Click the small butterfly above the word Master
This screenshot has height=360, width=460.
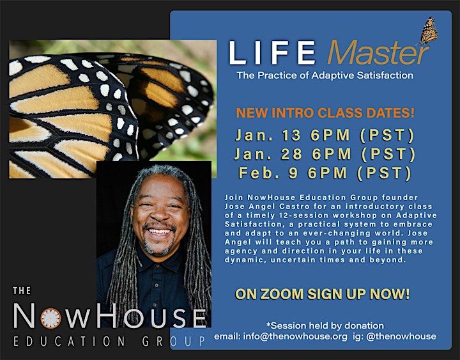(x=429, y=31)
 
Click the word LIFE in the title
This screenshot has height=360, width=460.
(x=272, y=52)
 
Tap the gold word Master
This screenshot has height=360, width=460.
(x=378, y=52)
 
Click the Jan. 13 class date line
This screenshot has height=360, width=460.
(x=325, y=135)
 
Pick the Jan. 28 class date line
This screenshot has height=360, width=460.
(x=325, y=154)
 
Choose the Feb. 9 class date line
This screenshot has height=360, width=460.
(x=325, y=173)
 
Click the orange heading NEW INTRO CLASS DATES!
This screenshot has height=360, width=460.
(x=325, y=113)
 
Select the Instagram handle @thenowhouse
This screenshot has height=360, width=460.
(x=401, y=336)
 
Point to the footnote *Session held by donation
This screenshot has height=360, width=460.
(x=325, y=325)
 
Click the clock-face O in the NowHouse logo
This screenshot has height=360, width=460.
(x=50, y=318)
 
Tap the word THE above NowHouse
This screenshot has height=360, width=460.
(x=22, y=291)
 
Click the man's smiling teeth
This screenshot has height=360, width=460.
(x=159, y=231)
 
